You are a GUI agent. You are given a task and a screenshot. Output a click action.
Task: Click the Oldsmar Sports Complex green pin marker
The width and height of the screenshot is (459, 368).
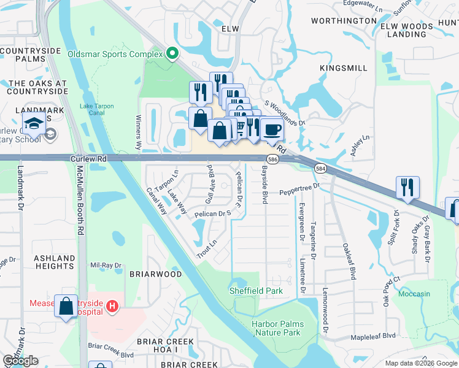pyautogui.click(x=172, y=55)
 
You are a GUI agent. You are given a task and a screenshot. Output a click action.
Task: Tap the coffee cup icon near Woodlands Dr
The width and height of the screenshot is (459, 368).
pyautogui.click(x=272, y=129)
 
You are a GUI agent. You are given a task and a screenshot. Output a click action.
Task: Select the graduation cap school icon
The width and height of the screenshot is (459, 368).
pyautogui.click(x=34, y=123)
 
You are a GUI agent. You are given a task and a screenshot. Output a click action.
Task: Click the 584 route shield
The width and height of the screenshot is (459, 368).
pyautogui.click(x=320, y=167)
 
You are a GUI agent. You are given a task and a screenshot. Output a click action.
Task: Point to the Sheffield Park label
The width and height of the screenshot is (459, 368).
pyautogui.click(x=256, y=291)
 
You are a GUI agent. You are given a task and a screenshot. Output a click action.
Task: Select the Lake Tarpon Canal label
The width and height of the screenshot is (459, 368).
pyautogui.click(x=97, y=109)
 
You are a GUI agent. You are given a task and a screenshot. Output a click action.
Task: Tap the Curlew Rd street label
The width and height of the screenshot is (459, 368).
pyautogui.click(x=89, y=158)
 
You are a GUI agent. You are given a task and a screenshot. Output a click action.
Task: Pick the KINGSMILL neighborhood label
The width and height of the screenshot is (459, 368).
pyautogui.click(x=344, y=68)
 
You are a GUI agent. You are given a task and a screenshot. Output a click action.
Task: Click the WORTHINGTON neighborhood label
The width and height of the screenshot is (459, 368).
pyautogui.click(x=344, y=21)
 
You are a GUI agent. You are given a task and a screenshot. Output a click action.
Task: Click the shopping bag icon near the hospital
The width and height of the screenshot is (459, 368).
pyautogui.click(x=66, y=305)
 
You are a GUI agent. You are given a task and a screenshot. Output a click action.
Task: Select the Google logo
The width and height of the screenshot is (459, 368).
pyautogui.click(x=20, y=361)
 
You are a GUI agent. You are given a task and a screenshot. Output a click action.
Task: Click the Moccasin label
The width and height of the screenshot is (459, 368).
pyautogui.click(x=414, y=294)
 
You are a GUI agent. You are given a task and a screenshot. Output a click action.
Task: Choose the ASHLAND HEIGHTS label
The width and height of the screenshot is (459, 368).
pyautogui.click(x=54, y=263)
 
